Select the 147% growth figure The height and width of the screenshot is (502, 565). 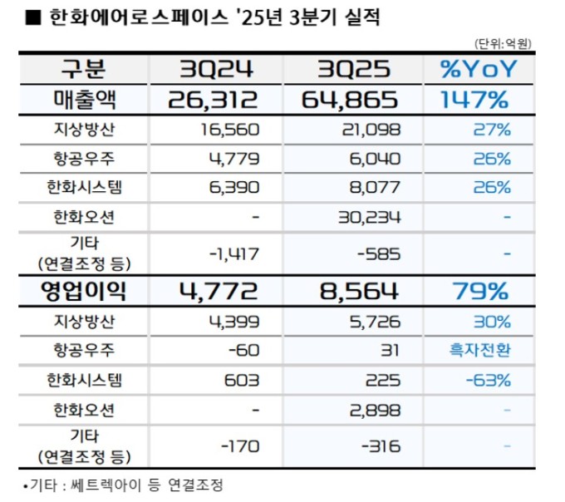tap(474, 101)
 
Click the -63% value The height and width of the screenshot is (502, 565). tap(490, 380)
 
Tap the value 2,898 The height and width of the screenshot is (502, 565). tap(376, 410)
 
